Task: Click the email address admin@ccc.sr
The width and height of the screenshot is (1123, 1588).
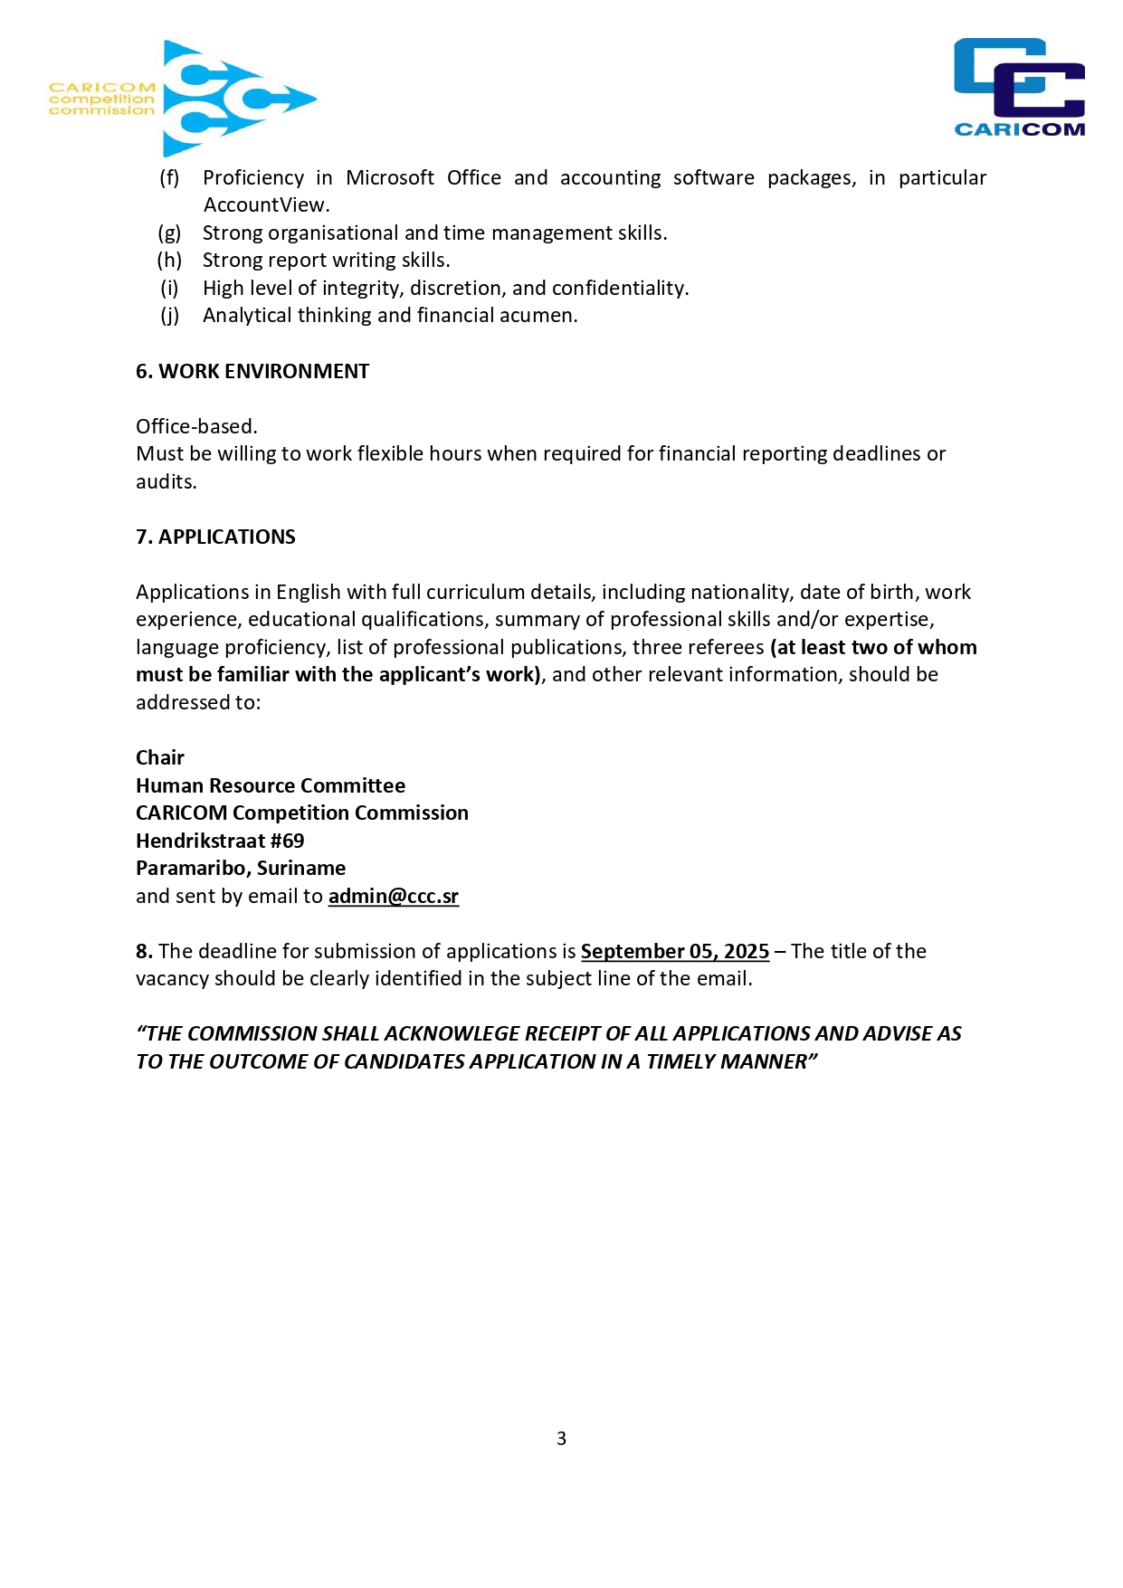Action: pos(393,896)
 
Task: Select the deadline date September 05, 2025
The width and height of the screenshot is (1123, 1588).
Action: pos(674,951)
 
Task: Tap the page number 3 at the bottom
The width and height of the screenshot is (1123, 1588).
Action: pos(561,1438)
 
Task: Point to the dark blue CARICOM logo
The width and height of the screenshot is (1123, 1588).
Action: pos(1019,88)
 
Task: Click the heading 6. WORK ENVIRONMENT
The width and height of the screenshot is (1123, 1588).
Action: pos(252,371)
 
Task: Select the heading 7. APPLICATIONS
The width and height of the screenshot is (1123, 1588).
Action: pos(215,537)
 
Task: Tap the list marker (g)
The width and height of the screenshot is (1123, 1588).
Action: pos(169,233)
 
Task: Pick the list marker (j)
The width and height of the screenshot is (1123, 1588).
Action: pos(169,315)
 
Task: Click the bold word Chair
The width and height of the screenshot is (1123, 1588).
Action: pos(160,757)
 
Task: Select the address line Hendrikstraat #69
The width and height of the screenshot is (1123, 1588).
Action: pos(220,841)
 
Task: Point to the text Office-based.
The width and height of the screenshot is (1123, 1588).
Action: pos(196,426)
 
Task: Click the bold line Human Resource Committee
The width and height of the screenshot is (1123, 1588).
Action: pos(271,785)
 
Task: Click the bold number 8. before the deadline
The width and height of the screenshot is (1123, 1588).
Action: pos(144,951)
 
